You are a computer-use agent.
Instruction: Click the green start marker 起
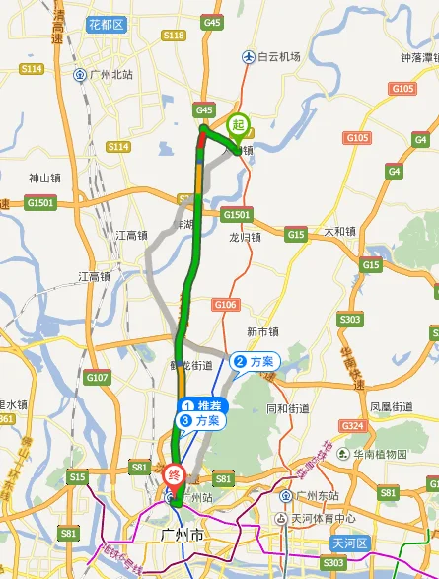[x=238, y=126]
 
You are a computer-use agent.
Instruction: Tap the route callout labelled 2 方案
[x=254, y=362]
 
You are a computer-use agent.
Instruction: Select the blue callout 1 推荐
[x=203, y=405]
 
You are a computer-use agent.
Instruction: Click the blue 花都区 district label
[x=107, y=23]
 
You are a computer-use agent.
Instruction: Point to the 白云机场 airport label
[x=272, y=56]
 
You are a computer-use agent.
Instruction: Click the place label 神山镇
[x=45, y=179]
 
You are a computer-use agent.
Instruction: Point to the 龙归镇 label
[x=245, y=237]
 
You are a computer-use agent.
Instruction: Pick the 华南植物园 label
[x=374, y=455]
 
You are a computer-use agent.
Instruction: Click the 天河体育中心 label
[x=316, y=518]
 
